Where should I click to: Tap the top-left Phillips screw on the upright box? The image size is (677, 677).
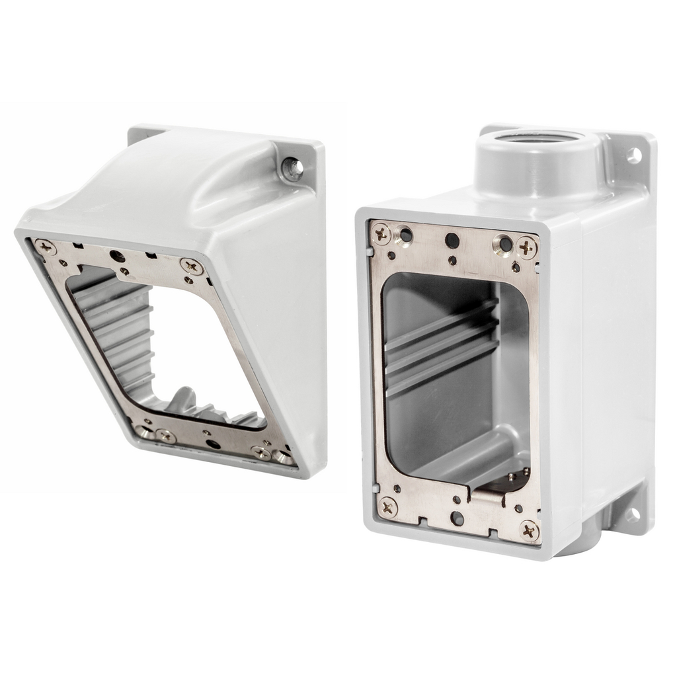point(381,233)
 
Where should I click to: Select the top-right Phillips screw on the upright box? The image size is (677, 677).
point(527,247)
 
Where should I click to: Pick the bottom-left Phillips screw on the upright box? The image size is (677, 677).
point(387,507)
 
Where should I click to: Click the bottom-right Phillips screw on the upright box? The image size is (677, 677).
point(529,530)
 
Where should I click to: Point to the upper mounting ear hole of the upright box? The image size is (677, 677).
point(633,155)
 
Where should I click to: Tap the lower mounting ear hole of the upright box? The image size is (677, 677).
point(633,514)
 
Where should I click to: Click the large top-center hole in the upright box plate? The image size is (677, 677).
point(452,241)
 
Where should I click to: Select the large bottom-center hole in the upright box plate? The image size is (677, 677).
point(457,518)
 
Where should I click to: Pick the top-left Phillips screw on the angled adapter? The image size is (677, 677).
point(46,247)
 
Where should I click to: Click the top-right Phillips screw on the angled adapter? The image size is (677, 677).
point(192,266)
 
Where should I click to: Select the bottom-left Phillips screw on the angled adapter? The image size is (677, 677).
point(165,436)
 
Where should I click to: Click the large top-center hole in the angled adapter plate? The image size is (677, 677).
point(117,255)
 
